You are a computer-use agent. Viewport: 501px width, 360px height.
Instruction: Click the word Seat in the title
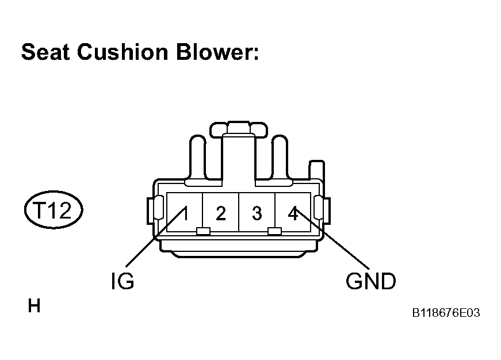45,52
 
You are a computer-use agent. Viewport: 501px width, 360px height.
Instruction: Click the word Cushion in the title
123,52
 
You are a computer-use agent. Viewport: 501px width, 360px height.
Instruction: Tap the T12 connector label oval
53,210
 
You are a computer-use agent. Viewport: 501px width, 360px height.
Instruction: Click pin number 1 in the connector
185,213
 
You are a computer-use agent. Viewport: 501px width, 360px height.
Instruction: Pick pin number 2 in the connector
221,213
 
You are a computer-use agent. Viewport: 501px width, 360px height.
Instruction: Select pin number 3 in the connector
257,213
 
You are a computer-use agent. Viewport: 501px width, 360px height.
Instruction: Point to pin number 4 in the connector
293,213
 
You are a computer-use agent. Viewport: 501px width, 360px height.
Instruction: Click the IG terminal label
123,281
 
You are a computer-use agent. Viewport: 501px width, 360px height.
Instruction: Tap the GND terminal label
370,281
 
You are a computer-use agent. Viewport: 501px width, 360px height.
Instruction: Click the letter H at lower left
34,306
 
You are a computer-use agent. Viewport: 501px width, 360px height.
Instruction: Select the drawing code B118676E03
446,313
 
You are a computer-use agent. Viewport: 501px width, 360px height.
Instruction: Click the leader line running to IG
155,237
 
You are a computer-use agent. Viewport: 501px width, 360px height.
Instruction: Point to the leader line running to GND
332,239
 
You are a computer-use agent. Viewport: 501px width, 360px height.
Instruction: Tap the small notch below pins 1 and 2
203,231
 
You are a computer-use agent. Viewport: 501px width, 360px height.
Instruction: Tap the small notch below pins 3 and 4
274,231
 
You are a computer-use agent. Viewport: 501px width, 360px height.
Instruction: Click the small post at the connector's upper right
316,170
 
